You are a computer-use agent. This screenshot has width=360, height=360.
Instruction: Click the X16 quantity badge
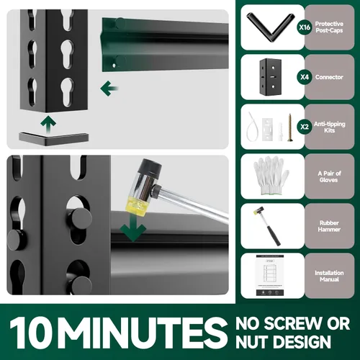[305, 27]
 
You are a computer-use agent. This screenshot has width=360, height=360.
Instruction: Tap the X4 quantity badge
[305, 77]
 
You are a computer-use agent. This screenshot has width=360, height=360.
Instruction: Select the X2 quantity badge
[305, 127]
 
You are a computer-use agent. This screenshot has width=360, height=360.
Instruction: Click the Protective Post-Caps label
[329, 27]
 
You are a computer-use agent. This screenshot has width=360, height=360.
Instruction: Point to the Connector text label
[329, 77]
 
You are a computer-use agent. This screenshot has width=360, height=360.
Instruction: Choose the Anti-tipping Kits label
[330, 127]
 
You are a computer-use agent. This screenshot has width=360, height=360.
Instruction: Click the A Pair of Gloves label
[329, 176]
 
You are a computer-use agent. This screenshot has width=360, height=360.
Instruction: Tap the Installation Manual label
[329, 276]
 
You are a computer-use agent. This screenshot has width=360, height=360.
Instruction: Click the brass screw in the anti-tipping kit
[290, 127]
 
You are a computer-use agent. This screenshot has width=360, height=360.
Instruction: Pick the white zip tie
[251, 127]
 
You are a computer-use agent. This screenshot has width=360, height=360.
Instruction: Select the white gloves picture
[271, 175]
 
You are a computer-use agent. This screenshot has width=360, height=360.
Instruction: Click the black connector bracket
[271, 76]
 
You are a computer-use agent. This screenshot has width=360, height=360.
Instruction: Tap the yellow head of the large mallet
[135, 205]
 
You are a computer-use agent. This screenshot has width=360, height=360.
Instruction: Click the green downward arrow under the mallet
[132, 227]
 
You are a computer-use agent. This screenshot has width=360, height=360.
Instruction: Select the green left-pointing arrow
[109, 89]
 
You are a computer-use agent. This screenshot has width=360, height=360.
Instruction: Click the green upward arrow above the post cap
[48, 124]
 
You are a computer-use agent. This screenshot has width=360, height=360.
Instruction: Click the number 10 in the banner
[31, 333]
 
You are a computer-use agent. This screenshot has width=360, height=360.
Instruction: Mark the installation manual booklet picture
[270, 275]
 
